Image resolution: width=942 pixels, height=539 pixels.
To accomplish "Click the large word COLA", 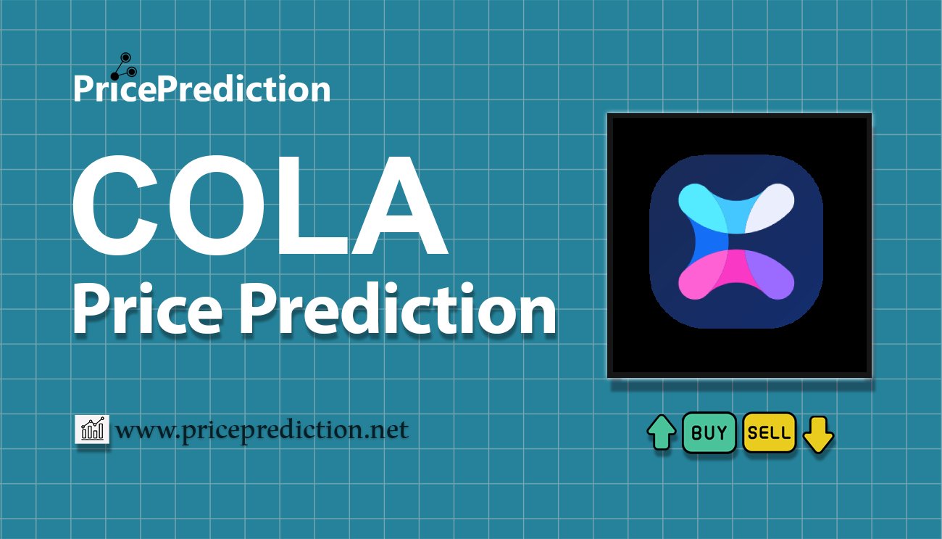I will coord(259,210).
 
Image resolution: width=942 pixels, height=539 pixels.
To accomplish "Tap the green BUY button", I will coord(709,433).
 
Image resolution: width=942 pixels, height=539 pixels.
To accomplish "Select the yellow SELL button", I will coord(770,433).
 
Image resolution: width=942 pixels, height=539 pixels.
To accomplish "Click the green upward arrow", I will coord(662,433).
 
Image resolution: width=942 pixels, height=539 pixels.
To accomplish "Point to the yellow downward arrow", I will coord(818,434).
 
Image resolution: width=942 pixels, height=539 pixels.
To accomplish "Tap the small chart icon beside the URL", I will coord(92,429).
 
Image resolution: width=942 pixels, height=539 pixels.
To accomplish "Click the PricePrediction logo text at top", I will coord(201,89).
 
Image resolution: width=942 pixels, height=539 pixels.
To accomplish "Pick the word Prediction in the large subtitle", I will coord(398,310).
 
